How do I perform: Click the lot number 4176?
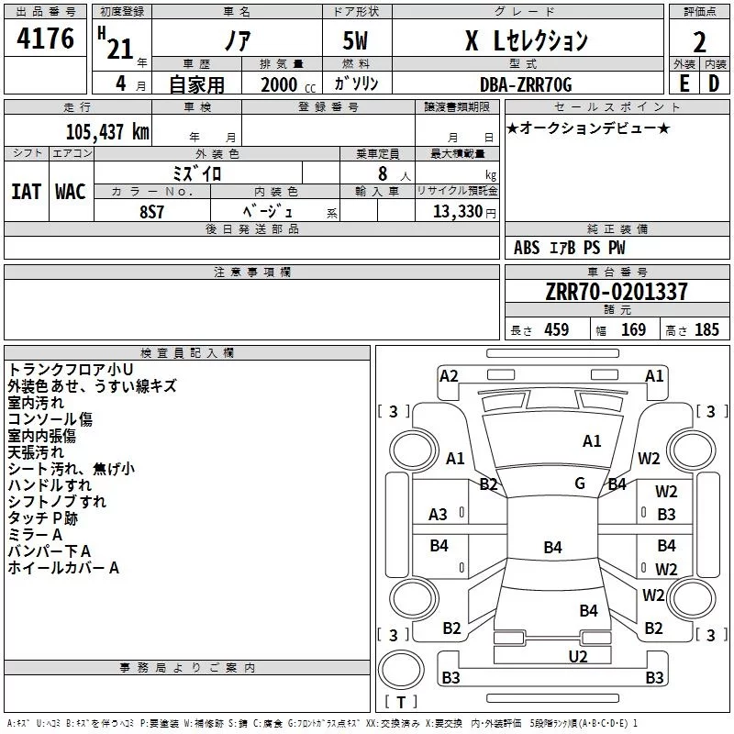pos(45,39)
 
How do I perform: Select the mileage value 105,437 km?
pos(107,132)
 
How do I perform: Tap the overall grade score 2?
pos(699,42)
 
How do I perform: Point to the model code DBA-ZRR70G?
pos(526,84)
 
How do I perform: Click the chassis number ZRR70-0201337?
pos(617,292)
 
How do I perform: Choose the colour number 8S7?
pos(151,212)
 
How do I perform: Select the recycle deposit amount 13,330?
pos(457,212)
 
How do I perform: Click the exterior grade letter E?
pos(684,83)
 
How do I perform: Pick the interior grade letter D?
pos(714,83)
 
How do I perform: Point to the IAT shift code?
pos(26,192)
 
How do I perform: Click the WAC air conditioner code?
pos(71,192)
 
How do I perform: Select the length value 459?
pos(557,329)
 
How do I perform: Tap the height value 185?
pos(706,329)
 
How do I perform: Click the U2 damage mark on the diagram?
pos(578,657)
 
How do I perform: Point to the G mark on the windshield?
pos(580,484)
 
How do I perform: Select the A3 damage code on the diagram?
pos(438,515)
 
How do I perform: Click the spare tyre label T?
pos(401,703)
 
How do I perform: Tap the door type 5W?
pos(355,40)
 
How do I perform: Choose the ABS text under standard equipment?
pos(527,248)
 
